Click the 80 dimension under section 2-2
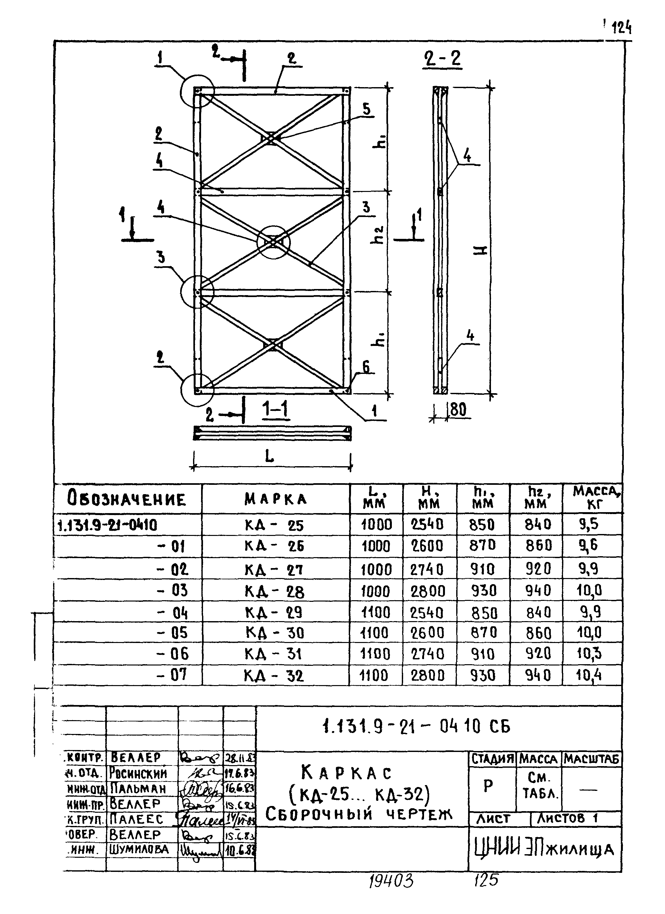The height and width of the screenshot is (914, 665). point(458,410)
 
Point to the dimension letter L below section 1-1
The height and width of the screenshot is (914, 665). point(269,456)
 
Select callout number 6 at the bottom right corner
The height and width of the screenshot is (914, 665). point(366,367)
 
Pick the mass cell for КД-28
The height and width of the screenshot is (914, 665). point(589,591)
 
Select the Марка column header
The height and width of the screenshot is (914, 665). point(275,499)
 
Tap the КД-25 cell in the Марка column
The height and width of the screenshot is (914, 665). point(274,525)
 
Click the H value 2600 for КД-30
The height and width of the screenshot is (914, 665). point(427,633)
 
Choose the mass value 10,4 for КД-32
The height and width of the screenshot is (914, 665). point(589,675)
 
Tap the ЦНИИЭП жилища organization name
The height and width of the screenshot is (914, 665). point(544,849)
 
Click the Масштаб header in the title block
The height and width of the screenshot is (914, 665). point(591,759)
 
